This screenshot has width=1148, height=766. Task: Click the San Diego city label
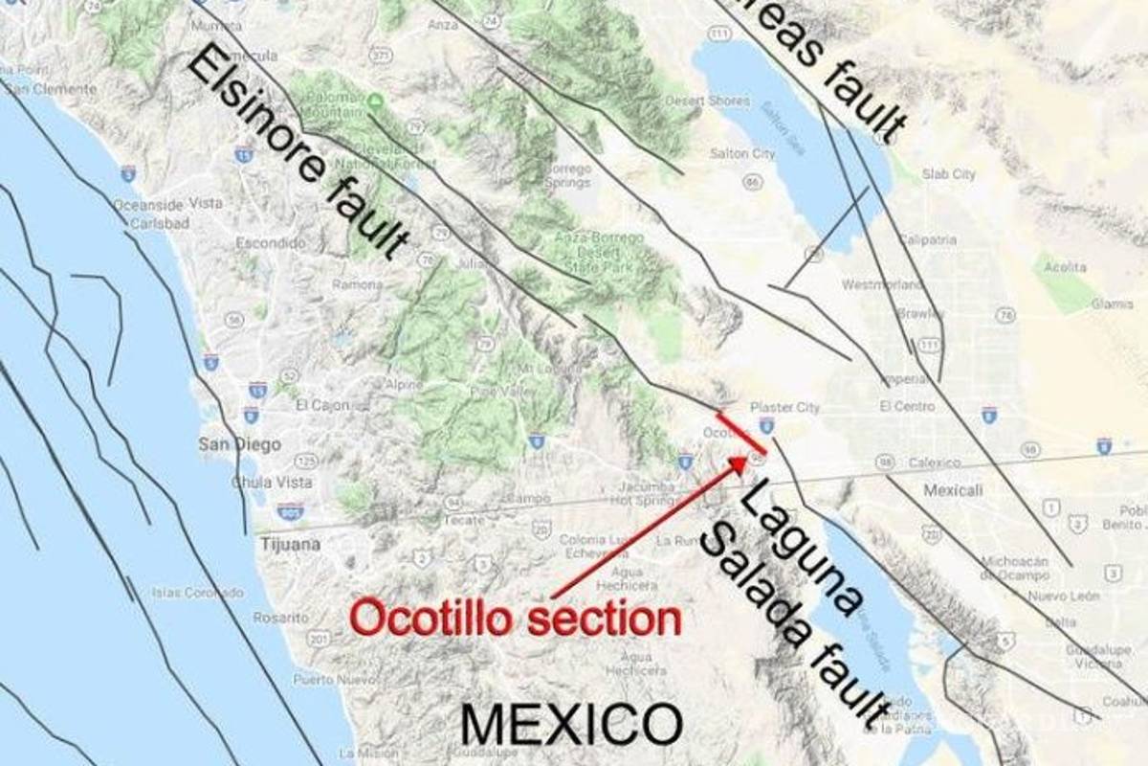point(239,444)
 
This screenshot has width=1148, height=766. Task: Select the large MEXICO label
point(571,724)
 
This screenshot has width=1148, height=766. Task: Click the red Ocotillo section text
point(516,618)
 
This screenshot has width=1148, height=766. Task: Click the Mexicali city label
point(953,490)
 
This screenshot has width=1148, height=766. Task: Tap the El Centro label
point(907,406)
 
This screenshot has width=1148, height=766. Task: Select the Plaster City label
point(784,407)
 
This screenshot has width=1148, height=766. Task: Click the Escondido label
point(264,243)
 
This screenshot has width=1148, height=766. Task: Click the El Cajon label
point(322,405)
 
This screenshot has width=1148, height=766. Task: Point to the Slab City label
point(948,174)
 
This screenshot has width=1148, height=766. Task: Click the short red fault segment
point(740,434)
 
